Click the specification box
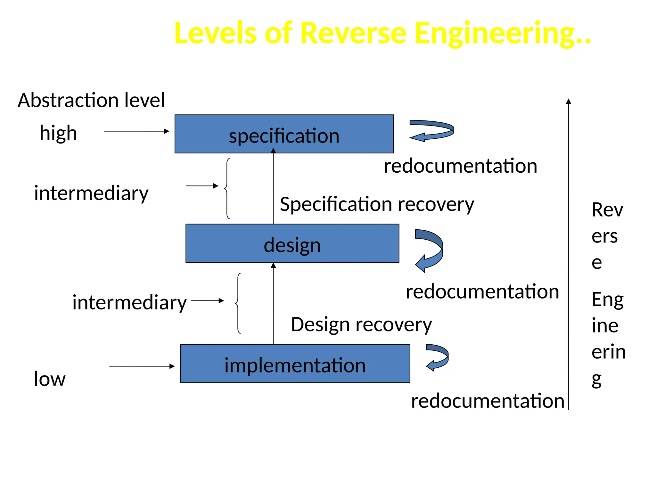(284, 134)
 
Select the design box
(292, 243)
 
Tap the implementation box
(295, 364)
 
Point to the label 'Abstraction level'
(91, 100)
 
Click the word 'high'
(58, 133)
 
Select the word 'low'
(50, 379)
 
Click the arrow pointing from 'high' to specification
(136, 131)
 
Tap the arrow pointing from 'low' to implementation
(142, 366)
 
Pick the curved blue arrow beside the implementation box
(438, 357)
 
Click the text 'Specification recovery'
(377, 204)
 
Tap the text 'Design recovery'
(361, 324)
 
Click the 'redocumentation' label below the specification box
(460, 166)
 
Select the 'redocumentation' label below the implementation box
(488, 401)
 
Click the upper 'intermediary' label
(91, 193)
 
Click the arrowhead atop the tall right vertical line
(569, 101)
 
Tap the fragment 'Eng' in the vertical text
(607, 299)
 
